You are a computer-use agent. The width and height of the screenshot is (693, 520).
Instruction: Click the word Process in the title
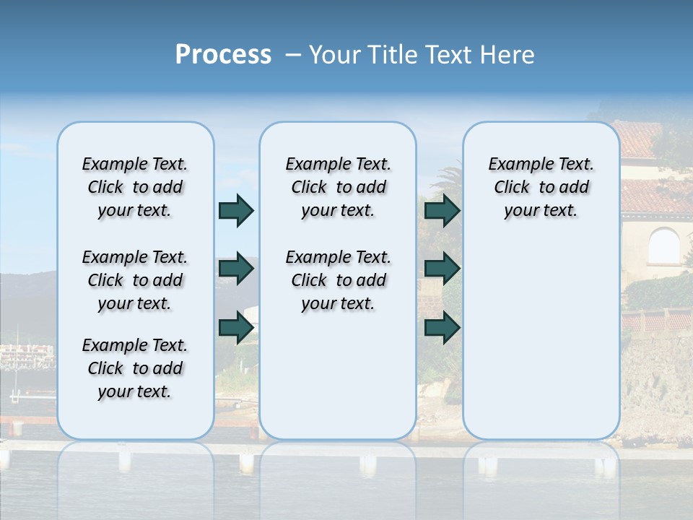[223, 55]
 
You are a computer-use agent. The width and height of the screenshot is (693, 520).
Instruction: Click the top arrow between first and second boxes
[236, 210]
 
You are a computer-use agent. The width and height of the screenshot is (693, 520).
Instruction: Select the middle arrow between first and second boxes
[236, 269]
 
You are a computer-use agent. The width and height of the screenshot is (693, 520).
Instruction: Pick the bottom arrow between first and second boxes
[236, 328]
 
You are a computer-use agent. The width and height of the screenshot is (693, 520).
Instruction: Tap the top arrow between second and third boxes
[442, 210]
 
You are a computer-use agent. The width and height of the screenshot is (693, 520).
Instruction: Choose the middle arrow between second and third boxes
[442, 269]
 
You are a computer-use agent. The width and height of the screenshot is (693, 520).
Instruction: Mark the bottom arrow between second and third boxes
[442, 328]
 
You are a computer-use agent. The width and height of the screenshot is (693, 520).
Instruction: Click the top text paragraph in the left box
[135, 187]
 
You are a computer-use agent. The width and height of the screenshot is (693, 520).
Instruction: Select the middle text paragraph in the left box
[135, 280]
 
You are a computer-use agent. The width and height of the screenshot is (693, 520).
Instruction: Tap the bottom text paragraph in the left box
[135, 368]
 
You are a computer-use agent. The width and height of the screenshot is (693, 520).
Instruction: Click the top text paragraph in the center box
[338, 187]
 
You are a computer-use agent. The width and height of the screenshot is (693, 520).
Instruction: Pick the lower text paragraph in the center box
[338, 280]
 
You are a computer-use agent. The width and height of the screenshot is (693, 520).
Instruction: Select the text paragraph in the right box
[541, 187]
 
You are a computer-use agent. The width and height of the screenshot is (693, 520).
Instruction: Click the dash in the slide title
[293, 56]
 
